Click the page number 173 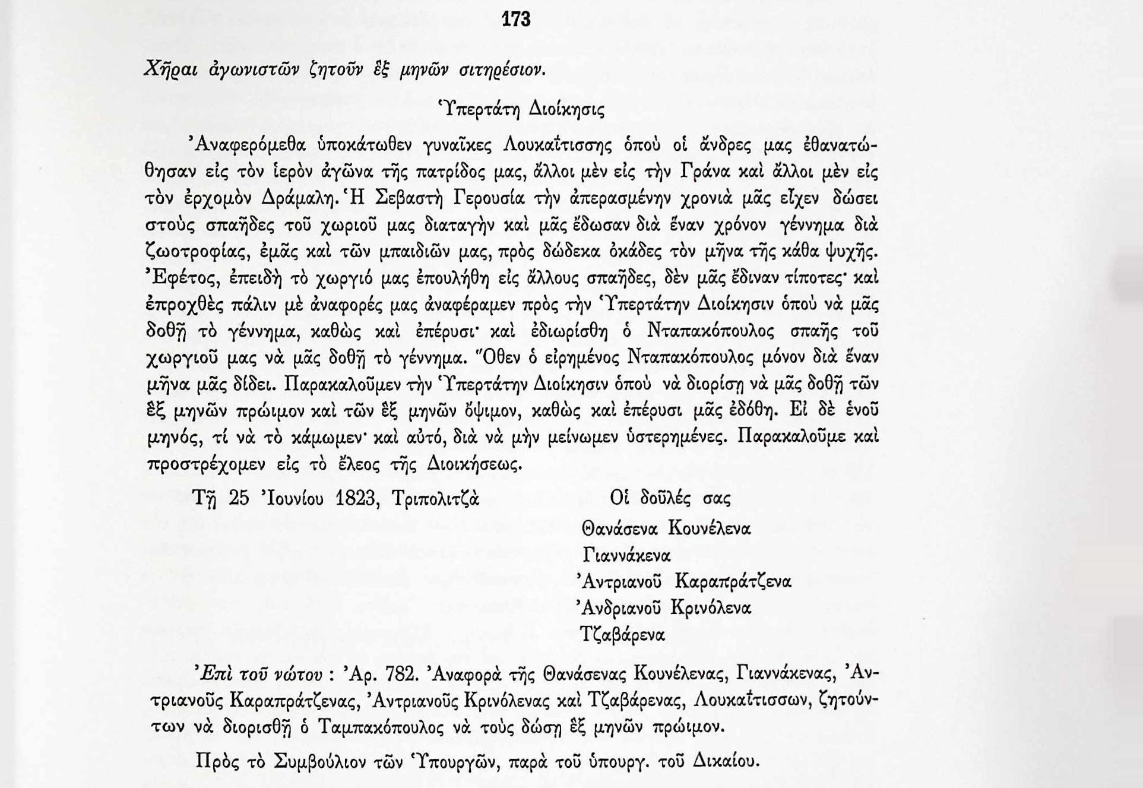click(515, 20)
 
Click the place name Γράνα click(703, 172)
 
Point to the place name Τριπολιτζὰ click(435, 498)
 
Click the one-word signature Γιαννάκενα click(626, 555)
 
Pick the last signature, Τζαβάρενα click(622, 635)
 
